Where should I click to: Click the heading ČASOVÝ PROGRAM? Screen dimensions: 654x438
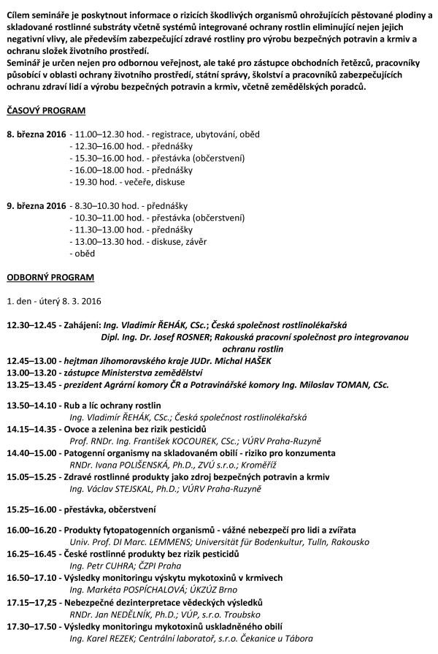tap(46, 111)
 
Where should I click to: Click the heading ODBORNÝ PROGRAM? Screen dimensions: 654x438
tap(50, 278)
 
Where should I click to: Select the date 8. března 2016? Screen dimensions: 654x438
tap(36, 134)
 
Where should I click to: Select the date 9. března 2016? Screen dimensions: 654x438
tap(36, 205)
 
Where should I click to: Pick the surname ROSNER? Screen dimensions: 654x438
tap(191, 337)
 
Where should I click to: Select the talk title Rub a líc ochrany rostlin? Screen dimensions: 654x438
tap(113, 406)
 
